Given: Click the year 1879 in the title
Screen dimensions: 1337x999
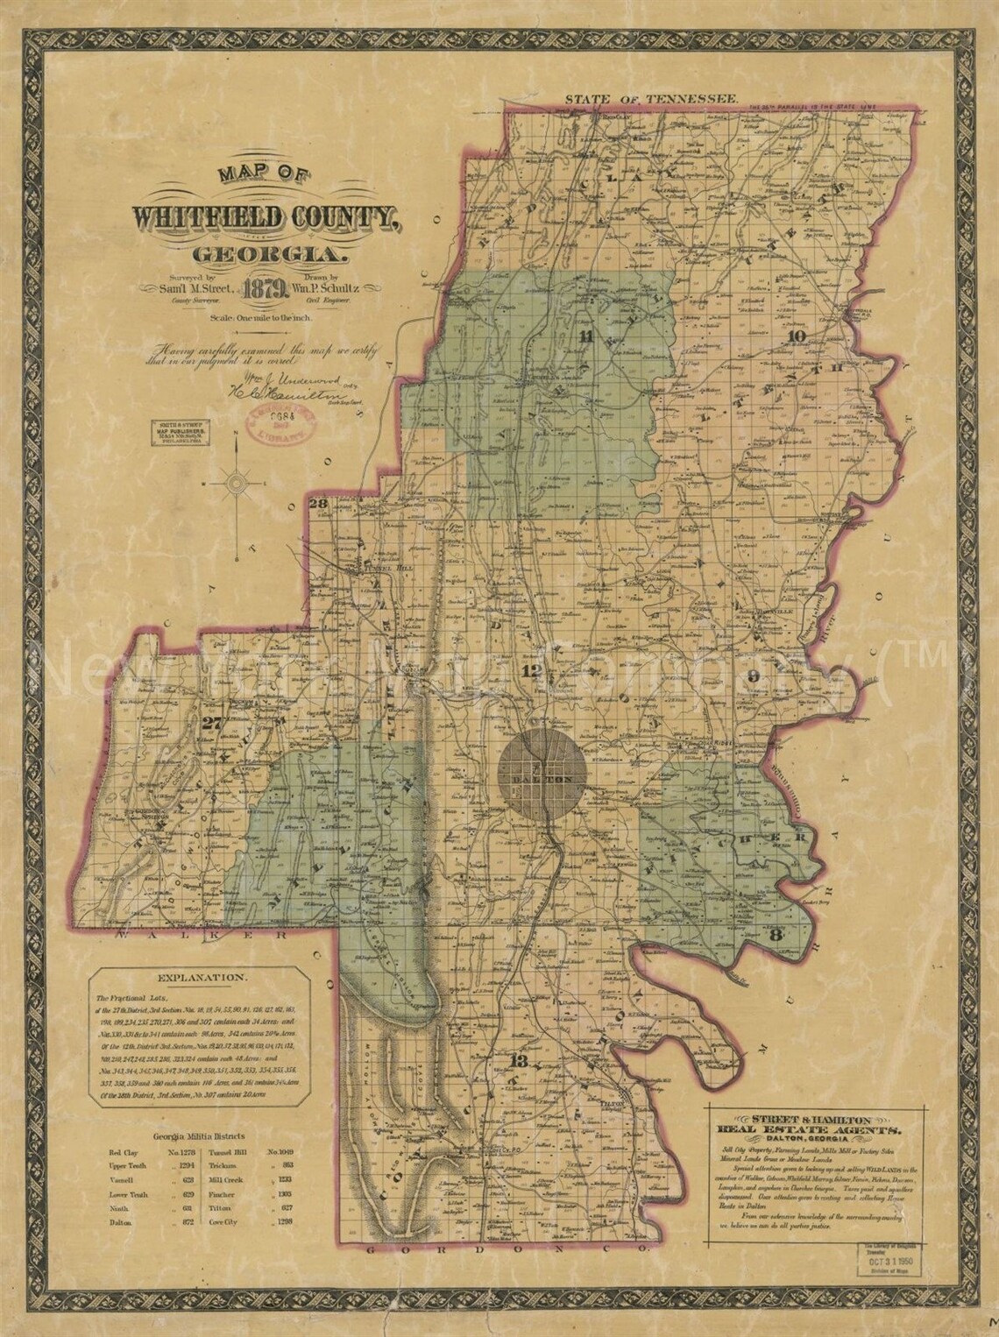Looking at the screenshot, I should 264,288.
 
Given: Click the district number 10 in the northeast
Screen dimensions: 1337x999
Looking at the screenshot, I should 796,336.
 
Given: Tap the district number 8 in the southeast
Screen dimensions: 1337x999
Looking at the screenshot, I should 774,935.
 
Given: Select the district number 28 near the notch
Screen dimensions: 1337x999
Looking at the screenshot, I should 318,503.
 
